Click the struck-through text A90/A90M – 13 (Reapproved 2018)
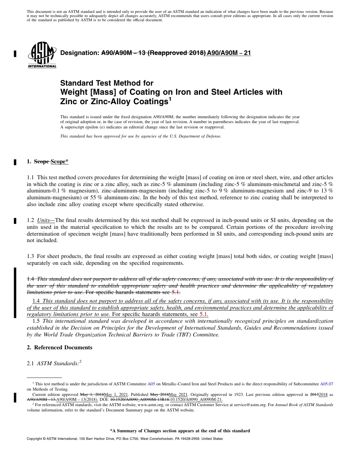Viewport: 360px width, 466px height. click(x=153, y=53)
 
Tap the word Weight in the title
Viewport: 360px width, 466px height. click(x=72, y=92)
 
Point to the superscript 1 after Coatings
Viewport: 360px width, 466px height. click(x=170, y=99)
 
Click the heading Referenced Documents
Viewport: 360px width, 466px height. click(x=63, y=347)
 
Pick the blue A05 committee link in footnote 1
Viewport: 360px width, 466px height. click(x=151, y=384)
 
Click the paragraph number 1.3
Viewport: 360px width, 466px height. click(x=30, y=256)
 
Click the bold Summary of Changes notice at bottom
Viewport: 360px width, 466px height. click(x=180, y=431)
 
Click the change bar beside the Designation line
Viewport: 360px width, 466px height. click(x=15, y=53)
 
